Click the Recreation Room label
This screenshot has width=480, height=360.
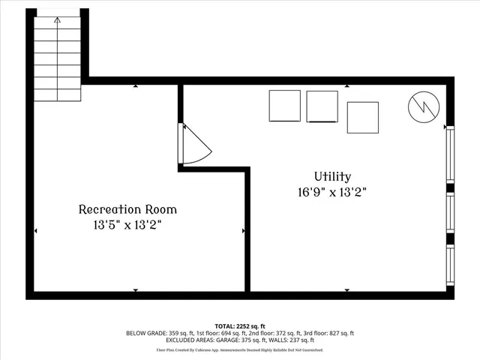click(x=128, y=209)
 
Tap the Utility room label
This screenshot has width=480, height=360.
click(x=332, y=177)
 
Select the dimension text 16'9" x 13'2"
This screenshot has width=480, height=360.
click(x=332, y=192)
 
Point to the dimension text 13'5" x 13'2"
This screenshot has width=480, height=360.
click(x=128, y=224)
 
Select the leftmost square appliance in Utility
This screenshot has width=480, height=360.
click(x=285, y=106)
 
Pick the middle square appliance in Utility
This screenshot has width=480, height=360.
click(x=322, y=106)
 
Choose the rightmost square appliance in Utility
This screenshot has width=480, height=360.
click(x=362, y=116)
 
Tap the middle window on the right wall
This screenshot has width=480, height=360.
click(x=450, y=214)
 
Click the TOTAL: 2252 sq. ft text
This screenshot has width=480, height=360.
click(x=239, y=326)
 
